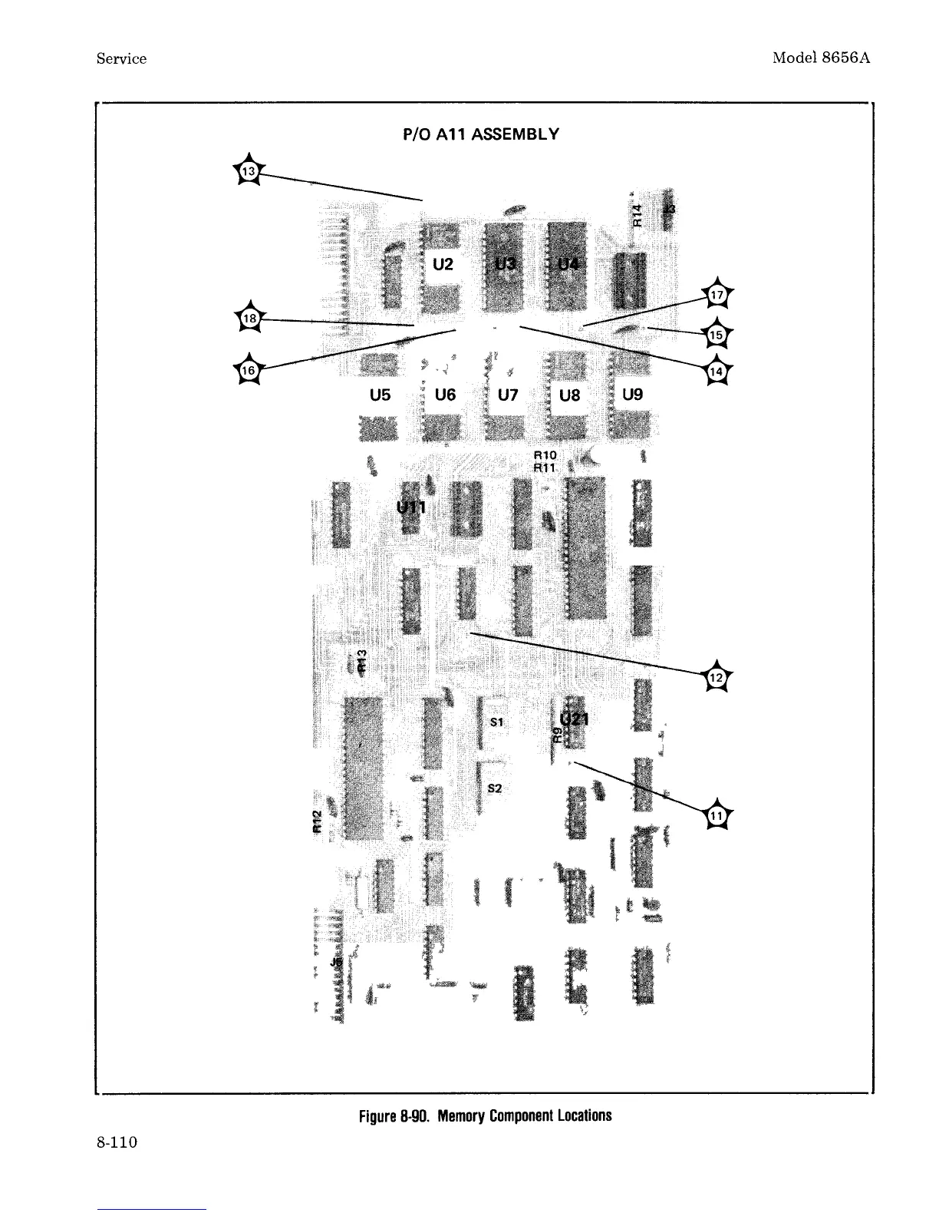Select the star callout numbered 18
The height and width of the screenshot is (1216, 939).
[x=248, y=319]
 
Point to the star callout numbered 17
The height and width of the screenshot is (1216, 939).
[x=717, y=294]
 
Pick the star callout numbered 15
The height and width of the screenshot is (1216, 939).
[x=717, y=335]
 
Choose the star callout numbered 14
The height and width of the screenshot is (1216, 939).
[x=717, y=372]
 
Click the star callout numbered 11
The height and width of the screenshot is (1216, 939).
[x=717, y=816]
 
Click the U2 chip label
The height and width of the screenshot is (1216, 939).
[x=443, y=265]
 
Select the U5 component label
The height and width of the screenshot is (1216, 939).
[x=380, y=395]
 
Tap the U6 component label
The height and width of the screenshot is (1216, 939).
[x=445, y=395]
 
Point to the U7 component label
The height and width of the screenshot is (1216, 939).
[x=508, y=395]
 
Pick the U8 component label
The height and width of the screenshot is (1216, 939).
[x=570, y=396]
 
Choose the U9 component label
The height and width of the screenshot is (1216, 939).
[x=633, y=395]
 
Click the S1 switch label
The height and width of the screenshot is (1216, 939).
[x=496, y=722]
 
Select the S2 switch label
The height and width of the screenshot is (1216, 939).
[x=496, y=788]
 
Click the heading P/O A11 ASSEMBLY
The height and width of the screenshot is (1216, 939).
[x=481, y=135]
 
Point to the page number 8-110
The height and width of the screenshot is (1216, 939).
[x=117, y=1143]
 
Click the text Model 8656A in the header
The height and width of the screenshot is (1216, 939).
[x=821, y=58]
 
